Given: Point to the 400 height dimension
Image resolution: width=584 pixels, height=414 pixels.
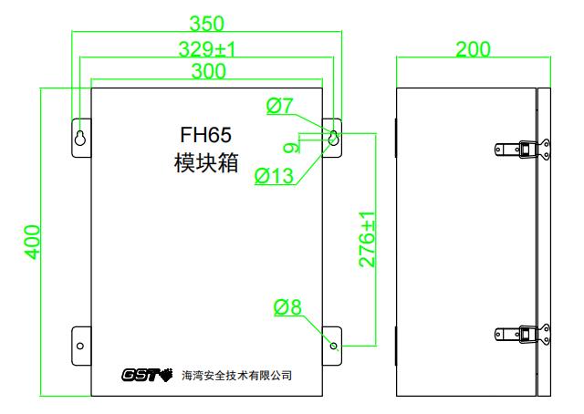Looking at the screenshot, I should (33, 242).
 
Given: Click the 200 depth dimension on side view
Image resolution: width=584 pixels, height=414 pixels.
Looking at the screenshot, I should (473, 48).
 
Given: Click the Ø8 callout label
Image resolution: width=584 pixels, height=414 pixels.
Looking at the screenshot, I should (287, 307).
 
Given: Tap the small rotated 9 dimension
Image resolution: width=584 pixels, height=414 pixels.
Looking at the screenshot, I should (290, 146).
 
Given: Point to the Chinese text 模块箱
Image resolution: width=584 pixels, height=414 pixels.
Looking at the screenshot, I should (206, 164).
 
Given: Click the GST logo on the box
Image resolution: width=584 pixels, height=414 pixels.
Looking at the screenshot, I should (146, 375).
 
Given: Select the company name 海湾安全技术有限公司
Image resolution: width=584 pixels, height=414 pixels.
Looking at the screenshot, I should (237, 375).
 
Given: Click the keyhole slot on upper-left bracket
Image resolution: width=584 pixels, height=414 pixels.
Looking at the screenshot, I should (80, 138).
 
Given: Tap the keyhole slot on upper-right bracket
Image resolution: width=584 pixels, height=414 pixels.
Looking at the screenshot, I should (333, 137).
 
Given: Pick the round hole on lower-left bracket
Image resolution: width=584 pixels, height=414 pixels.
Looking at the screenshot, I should (80, 346).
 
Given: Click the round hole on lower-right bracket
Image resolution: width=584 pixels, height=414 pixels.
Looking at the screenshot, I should (333, 346).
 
